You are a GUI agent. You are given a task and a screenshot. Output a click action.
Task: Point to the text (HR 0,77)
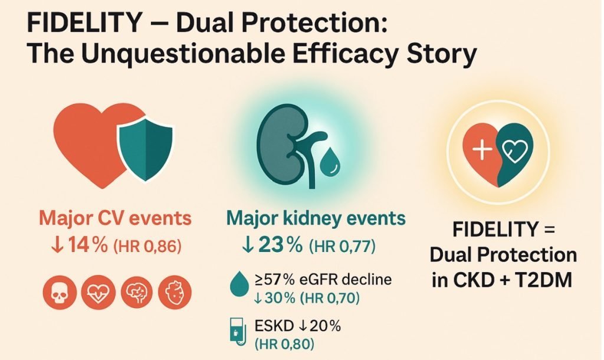[342, 246]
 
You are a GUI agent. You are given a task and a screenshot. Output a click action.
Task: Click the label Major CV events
[115, 218]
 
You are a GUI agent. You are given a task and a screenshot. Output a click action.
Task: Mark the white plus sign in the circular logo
[482, 149]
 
